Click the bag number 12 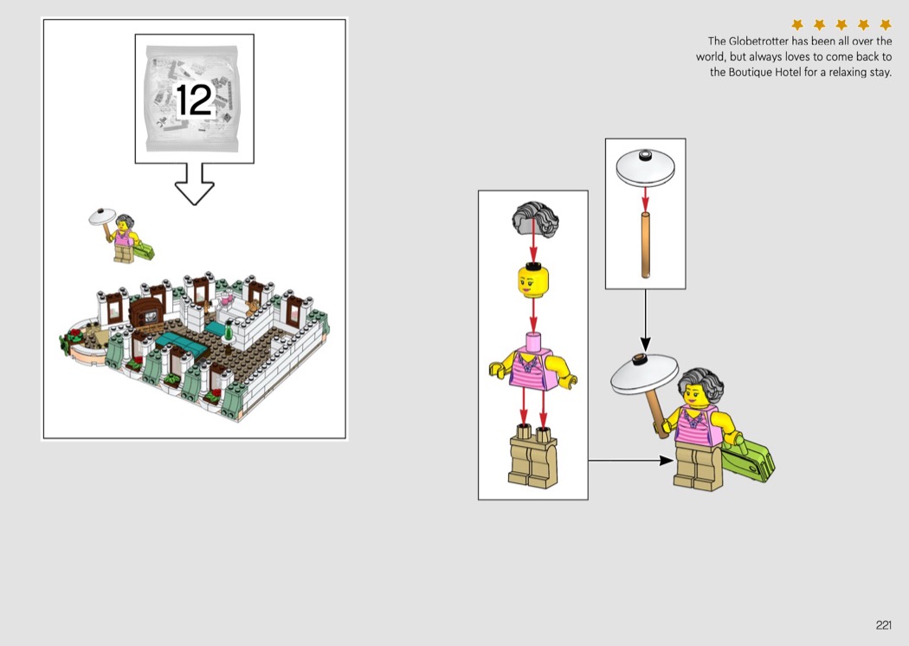[194, 100]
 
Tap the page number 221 [884, 624]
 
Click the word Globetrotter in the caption [759, 42]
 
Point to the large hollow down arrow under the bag [195, 184]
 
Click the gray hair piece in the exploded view [535, 219]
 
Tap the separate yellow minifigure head [533, 280]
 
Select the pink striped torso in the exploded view [533, 365]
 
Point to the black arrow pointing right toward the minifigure [631, 461]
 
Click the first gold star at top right [797, 24]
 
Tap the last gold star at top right [886, 24]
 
